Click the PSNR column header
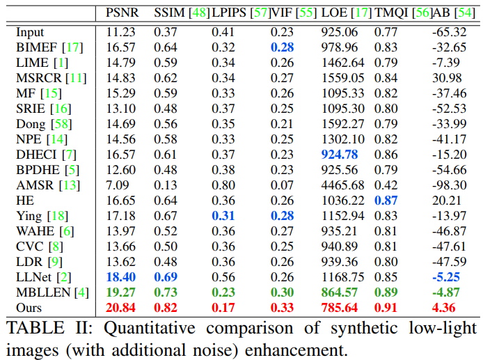pyautogui.click(x=122, y=13)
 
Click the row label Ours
pyautogui.click(x=30, y=306)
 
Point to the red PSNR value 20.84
pyautogui.click(x=122, y=306)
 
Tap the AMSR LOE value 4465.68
pyautogui.click(x=343, y=185)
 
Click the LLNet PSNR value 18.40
pyautogui.click(x=122, y=276)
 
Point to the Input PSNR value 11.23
pyautogui.click(x=122, y=32)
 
